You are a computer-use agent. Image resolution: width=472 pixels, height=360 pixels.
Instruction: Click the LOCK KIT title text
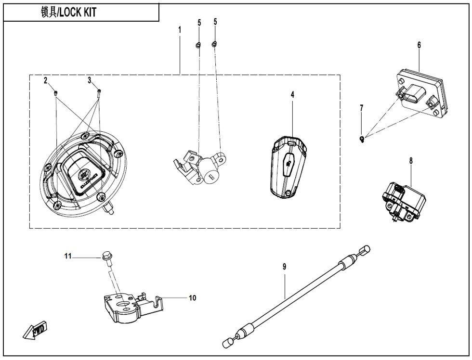tap(68, 13)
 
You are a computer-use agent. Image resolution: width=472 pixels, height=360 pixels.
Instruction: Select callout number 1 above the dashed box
tap(180, 29)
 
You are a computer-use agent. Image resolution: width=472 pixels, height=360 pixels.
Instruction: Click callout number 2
tap(46, 80)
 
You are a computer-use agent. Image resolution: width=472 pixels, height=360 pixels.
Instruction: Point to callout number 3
tap(89, 80)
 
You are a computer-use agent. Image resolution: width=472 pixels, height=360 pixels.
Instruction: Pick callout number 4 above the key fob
tap(292, 95)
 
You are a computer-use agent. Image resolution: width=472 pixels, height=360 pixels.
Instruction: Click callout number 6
tap(419, 45)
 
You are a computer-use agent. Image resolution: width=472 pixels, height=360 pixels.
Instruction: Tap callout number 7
tap(362, 108)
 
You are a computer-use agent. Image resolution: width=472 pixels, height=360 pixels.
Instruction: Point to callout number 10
tap(192, 298)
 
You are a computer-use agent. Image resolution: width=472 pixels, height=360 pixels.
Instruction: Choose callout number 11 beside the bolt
tap(68, 257)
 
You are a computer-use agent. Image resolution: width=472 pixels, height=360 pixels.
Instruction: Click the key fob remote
tap(288, 167)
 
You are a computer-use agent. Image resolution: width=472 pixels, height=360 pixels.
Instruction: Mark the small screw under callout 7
tap(362, 139)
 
